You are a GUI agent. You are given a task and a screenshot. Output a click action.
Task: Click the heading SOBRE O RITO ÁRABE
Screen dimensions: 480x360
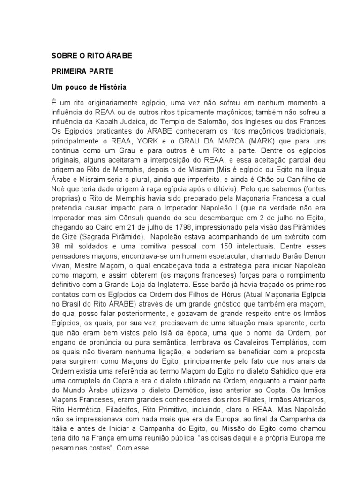pos(92,55)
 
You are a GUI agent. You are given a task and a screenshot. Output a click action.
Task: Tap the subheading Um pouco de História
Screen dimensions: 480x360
pos(89,87)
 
